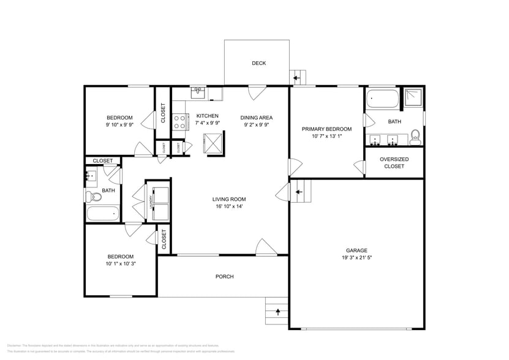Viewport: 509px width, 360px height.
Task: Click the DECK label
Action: click(258, 63)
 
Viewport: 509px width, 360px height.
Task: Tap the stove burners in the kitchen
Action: click(179, 122)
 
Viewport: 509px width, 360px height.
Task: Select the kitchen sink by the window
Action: click(198, 93)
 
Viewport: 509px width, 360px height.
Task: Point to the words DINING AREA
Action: click(256, 118)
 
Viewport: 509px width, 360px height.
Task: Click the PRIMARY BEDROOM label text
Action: click(326, 129)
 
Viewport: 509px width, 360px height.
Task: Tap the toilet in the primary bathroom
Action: click(415, 135)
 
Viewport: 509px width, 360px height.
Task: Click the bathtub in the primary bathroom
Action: click(382, 99)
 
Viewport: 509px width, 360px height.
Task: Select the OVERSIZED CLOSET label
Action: click(394, 162)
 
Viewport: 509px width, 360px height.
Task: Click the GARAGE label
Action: click(356, 250)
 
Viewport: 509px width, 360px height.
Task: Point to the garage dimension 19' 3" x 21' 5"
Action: click(356, 258)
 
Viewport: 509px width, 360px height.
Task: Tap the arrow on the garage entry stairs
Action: click(299, 192)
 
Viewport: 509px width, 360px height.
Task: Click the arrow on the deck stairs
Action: click(296, 78)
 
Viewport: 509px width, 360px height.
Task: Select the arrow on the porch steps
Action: click(277, 312)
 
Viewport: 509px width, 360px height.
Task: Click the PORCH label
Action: click(225, 277)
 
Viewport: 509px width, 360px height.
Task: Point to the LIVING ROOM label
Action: click(229, 199)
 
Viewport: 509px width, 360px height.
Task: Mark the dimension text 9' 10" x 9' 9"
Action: click(119, 124)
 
